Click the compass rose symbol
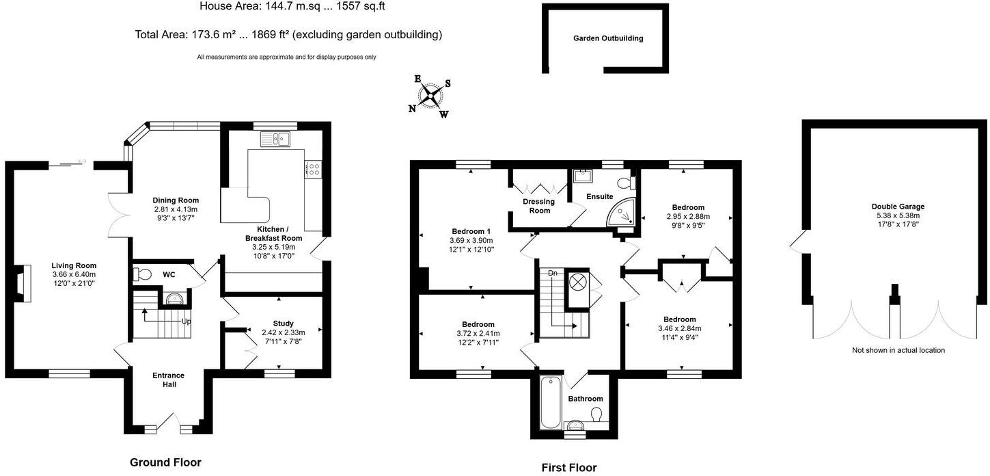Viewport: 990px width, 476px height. point(430,96)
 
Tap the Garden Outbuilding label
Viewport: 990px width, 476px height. point(608,38)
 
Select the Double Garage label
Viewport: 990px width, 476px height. point(898,207)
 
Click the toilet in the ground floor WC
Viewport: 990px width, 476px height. point(143,274)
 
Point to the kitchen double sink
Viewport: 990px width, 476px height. point(275,139)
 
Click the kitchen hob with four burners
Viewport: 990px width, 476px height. point(314,168)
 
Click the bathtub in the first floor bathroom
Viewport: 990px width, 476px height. point(550,402)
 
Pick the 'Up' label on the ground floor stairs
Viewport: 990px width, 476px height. point(186,321)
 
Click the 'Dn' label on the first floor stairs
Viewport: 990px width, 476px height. point(553,273)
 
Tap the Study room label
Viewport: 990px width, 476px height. point(283,323)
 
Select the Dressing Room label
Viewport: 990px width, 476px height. point(538,206)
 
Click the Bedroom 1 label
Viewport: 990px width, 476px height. point(471,230)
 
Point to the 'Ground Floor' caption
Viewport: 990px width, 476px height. point(165,462)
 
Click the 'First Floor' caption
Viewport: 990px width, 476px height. point(568,468)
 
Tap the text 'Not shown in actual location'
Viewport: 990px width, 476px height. point(898,350)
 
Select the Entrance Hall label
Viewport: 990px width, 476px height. point(169,380)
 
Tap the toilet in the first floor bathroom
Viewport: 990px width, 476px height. point(596,414)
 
